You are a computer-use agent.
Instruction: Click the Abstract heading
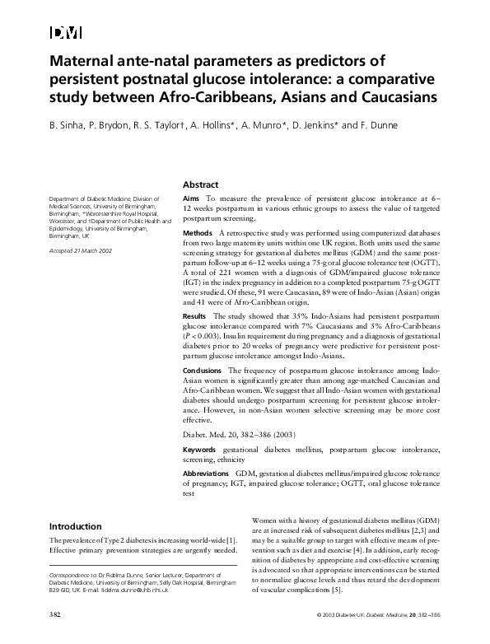pyautogui.click(x=200, y=185)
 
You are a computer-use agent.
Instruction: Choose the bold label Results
pyautogui.click(x=194, y=315)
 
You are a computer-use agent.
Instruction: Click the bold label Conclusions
pyautogui.click(x=202, y=371)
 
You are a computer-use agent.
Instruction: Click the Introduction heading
pyautogui.click(x=76, y=526)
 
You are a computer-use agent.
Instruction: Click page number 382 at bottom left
pyautogui.click(x=55, y=615)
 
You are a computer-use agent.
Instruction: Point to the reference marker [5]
pyautogui.click(x=336, y=590)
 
